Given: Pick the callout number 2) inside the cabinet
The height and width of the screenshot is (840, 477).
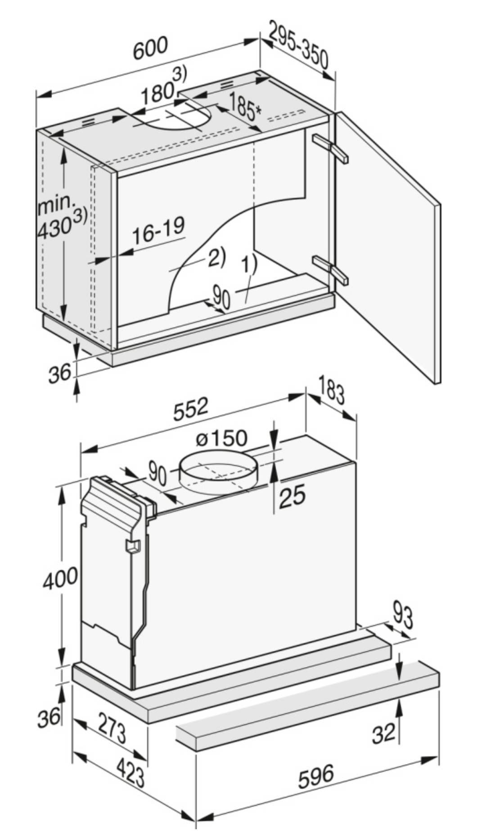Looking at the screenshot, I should pyautogui.click(x=216, y=258).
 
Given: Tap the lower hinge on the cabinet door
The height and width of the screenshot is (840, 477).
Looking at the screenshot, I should pyautogui.click(x=331, y=269).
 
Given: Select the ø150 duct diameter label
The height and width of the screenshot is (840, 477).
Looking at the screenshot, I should pyautogui.click(x=222, y=438).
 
